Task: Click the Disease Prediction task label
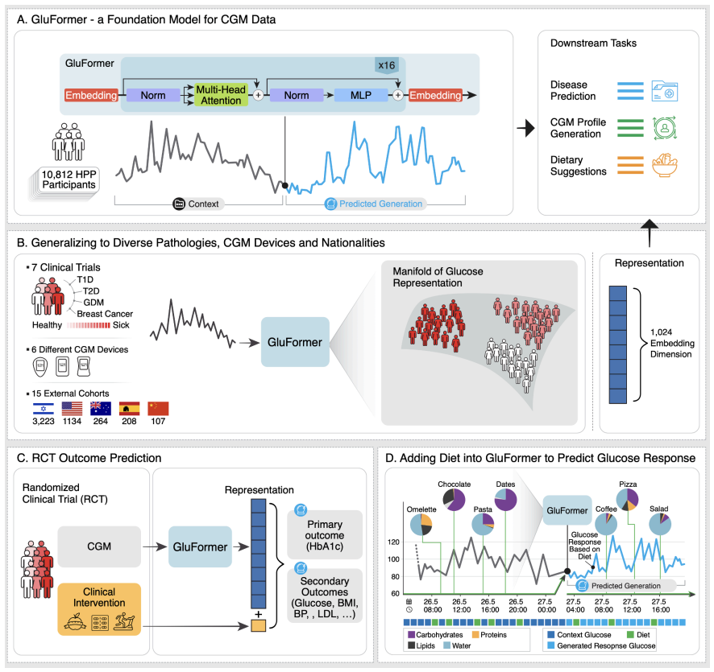pyautogui.click(x=569, y=90)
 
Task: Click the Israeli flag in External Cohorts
pyautogui.click(x=42, y=407)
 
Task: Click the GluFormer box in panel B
pyautogui.click(x=293, y=342)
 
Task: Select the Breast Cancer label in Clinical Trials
pyautogui.click(x=105, y=313)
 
